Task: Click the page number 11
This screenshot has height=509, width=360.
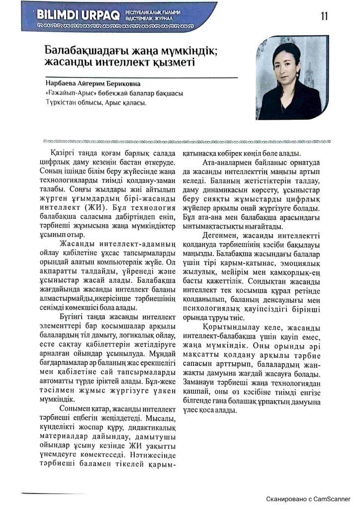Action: (324, 16)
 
